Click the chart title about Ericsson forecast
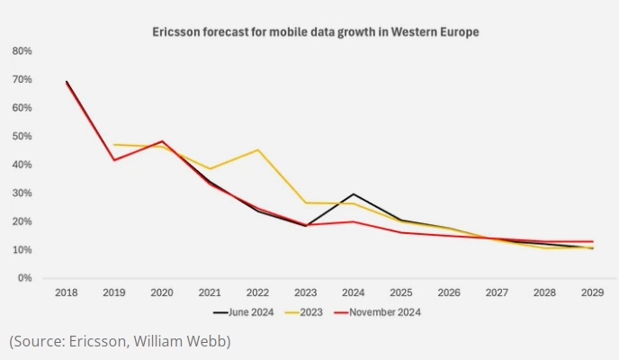tap(314, 32)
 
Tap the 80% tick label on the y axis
tap(22, 51)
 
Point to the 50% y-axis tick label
tap(22, 137)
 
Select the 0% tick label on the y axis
tap(25, 278)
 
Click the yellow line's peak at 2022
tap(258, 150)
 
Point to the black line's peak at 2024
tap(354, 194)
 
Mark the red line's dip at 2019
tap(114, 160)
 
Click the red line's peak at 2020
tap(163, 141)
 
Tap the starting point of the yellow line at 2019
tap(114, 145)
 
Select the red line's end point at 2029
tap(593, 241)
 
